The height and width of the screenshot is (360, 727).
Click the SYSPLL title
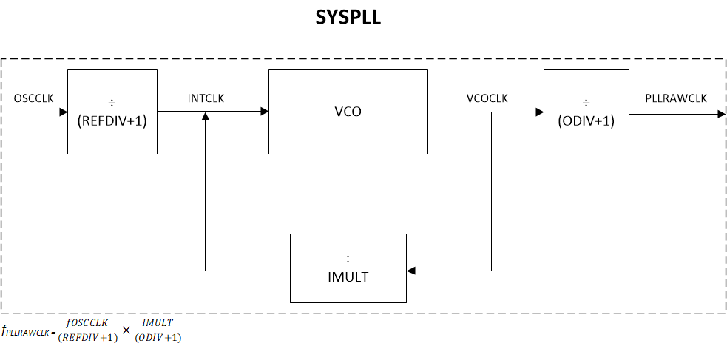pyautogui.click(x=348, y=18)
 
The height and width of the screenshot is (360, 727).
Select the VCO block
pyautogui.click(x=348, y=112)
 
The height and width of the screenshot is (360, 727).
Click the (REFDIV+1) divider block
pyautogui.click(x=112, y=112)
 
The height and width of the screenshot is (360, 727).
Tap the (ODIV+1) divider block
pyautogui.click(x=586, y=112)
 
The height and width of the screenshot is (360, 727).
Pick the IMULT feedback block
pyautogui.click(x=348, y=268)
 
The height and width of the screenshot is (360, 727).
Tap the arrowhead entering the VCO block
pyautogui.click(x=263, y=112)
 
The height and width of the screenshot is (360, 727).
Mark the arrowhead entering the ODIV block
pyautogui.click(x=538, y=112)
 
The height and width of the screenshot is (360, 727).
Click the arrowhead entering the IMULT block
pyautogui.click(x=412, y=271)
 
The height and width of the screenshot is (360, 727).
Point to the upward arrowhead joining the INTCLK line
pyautogui.click(x=206, y=118)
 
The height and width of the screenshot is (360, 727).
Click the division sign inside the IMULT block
pyautogui.click(x=348, y=259)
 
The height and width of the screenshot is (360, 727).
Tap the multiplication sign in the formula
pyautogui.click(x=126, y=330)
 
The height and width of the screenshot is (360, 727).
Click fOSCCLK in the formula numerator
pyautogui.click(x=87, y=323)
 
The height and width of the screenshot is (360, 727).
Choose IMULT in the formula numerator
pyautogui.click(x=158, y=323)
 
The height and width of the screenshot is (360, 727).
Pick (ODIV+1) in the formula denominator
pyautogui.click(x=158, y=338)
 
